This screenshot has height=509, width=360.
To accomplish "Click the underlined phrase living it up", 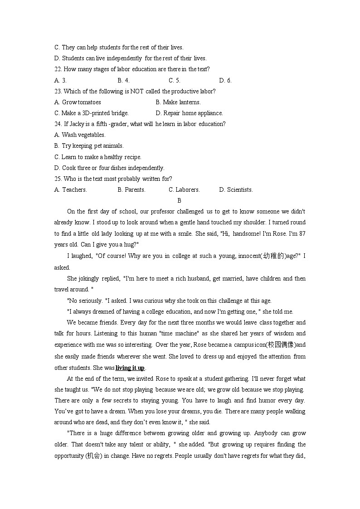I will [x=130, y=368].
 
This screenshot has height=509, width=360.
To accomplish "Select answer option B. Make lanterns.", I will [x=178, y=102].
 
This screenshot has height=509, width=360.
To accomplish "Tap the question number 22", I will [x=58, y=69].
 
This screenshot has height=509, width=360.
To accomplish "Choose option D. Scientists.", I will [x=236, y=189].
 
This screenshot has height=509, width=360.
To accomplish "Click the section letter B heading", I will [x=179, y=200].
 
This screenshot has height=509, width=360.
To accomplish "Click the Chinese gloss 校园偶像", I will [x=281, y=345].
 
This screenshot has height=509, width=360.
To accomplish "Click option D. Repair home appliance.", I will [x=189, y=113].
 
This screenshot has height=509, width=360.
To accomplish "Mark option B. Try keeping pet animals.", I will [x=89, y=146].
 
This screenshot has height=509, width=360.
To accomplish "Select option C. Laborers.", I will [x=184, y=189].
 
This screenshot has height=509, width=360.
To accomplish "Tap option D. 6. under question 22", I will [x=225, y=80].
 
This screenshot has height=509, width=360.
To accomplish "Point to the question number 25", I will [x=58, y=179].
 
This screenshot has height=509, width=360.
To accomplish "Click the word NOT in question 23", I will [x=137, y=91].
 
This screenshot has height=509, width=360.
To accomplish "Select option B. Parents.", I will [x=131, y=189].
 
